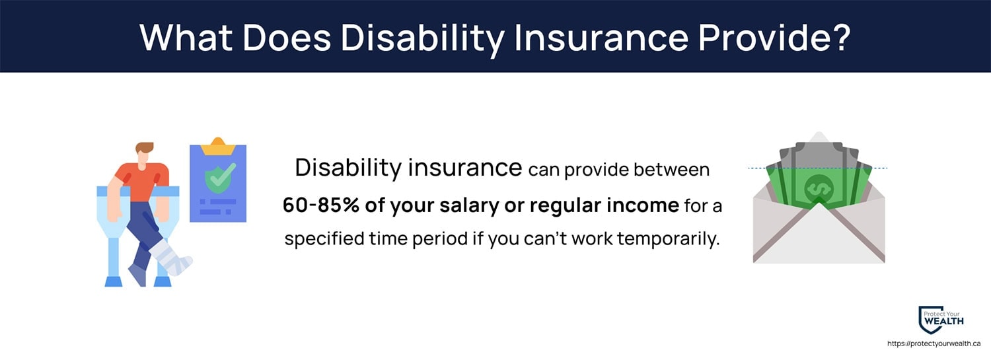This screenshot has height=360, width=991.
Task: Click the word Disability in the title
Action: (x=423, y=38)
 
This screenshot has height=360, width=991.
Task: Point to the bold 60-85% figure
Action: (x=320, y=205)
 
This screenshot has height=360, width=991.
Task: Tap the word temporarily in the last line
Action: (x=669, y=239)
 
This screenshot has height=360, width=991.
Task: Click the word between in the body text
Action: (x=672, y=169)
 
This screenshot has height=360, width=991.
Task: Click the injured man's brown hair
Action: (x=144, y=147)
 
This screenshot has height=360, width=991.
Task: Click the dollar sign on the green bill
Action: (x=819, y=188)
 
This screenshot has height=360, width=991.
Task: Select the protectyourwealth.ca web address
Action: (x=934, y=343)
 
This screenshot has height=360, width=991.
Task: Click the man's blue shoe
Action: (x=137, y=275)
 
